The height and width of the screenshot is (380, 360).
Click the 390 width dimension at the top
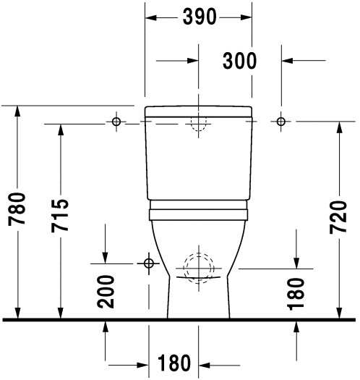click(199, 17)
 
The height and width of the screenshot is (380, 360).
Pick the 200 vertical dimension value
click(106, 291)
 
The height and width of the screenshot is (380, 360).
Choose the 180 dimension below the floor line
click(174, 363)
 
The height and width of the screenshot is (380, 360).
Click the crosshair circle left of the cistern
click(116, 122)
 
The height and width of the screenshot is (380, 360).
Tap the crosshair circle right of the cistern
click(281, 121)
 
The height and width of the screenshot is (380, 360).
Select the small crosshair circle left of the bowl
click(149, 262)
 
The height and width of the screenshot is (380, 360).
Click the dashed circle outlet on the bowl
click(197, 266)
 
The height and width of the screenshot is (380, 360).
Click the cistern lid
click(199, 111)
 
